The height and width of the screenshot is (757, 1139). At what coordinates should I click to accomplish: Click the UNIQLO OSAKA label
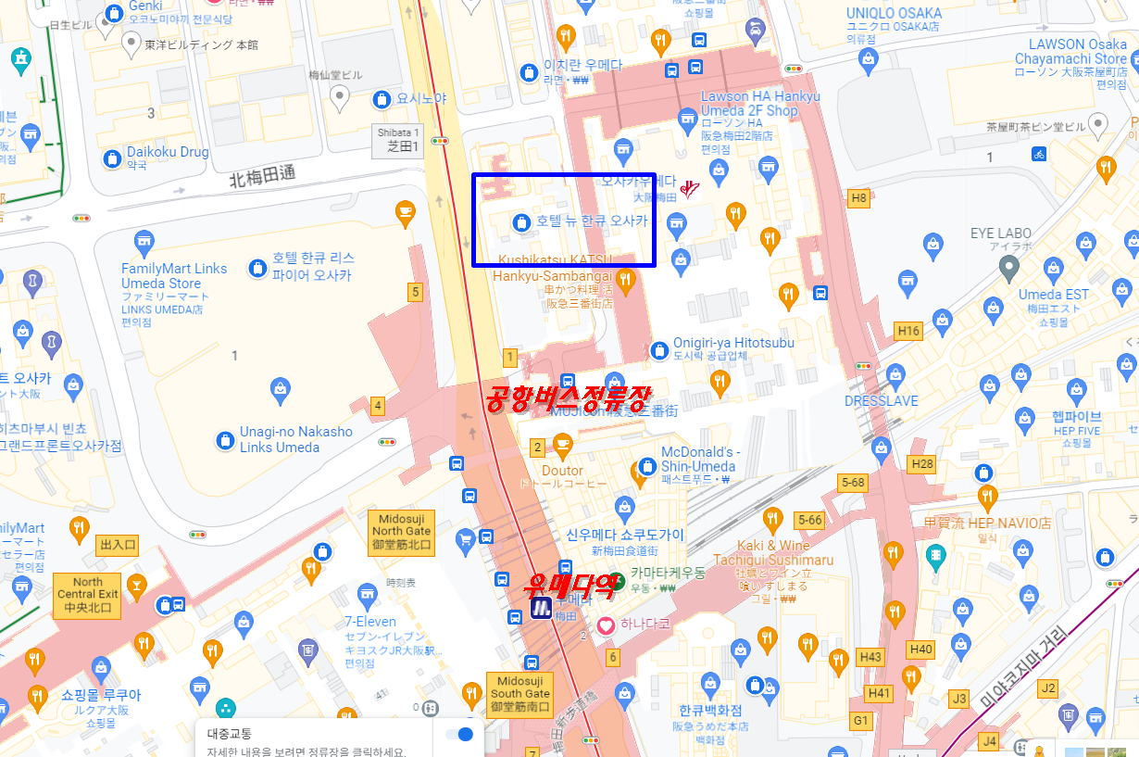click(x=894, y=13)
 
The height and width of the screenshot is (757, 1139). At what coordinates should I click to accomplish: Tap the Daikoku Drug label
click(x=168, y=152)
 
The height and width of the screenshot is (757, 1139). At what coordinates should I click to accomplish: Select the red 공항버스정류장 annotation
click(x=567, y=398)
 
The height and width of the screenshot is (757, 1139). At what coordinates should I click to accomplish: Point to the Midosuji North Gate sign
click(x=401, y=532)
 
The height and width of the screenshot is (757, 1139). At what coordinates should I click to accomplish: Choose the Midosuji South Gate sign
click(x=519, y=694)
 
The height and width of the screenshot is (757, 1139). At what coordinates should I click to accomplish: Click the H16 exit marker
click(x=908, y=331)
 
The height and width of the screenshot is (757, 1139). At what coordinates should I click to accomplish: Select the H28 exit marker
click(x=922, y=463)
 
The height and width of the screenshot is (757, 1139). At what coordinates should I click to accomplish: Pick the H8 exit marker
click(x=859, y=197)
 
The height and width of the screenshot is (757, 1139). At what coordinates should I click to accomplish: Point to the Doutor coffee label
click(x=562, y=471)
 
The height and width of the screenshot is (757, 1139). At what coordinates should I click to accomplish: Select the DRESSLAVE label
click(x=881, y=401)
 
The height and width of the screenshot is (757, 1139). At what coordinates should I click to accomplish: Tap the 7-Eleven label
click(x=369, y=622)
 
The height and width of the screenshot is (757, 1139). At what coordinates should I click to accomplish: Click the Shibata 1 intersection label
click(x=398, y=139)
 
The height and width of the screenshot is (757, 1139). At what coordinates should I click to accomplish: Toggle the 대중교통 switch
click(x=459, y=735)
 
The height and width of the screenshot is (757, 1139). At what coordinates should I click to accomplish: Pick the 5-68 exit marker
click(x=853, y=482)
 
